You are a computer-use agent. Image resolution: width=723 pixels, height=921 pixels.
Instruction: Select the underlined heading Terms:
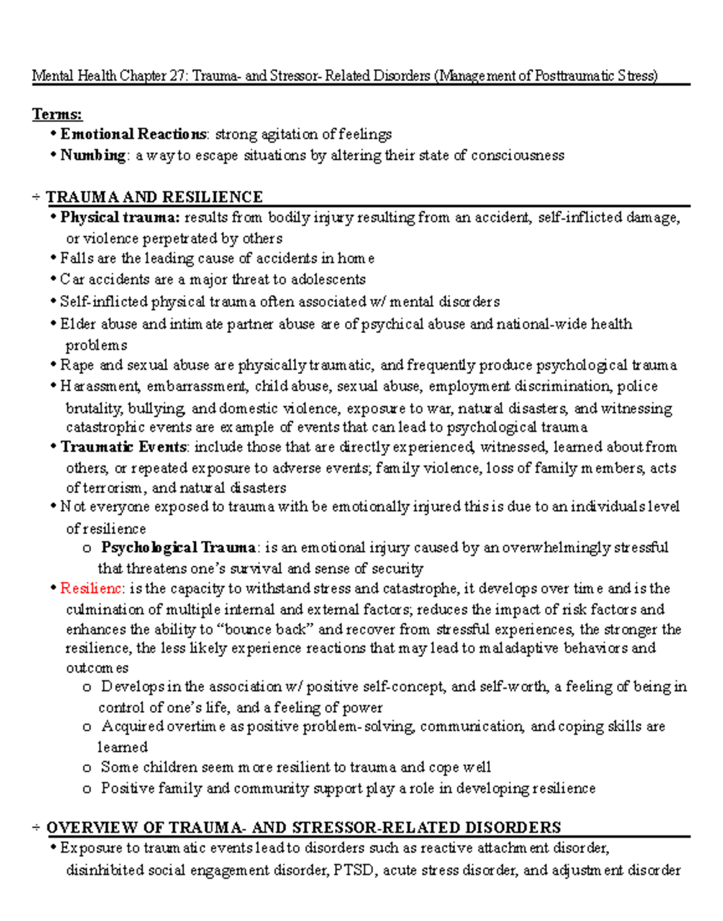[57, 114]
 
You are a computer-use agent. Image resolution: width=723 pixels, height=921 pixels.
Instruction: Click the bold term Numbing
[93, 155]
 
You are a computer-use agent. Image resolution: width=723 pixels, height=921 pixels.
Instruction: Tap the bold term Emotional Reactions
[133, 134]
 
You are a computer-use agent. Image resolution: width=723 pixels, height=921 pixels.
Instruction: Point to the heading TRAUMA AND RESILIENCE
[154, 197]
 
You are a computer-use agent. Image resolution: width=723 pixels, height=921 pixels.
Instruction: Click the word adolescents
[328, 279]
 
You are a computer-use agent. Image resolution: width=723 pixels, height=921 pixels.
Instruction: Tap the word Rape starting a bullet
[77, 365]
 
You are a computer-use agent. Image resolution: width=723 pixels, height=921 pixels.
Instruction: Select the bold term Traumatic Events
[124, 447]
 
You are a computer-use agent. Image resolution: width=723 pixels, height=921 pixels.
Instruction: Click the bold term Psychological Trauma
[179, 547]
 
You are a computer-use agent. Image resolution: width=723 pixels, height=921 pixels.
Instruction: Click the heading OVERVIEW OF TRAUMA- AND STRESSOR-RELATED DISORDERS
[304, 827]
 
